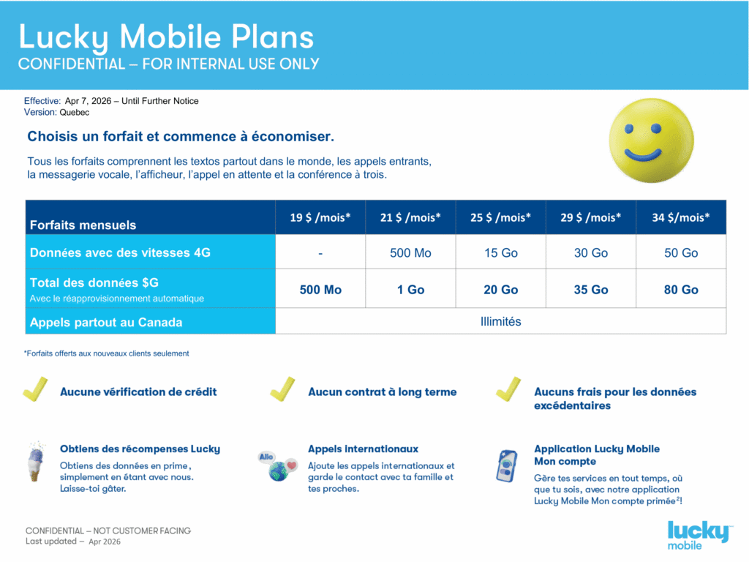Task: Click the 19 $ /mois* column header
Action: click(x=320, y=217)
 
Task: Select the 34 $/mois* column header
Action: click(x=680, y=217)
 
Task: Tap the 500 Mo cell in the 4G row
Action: click(x=410, y=253)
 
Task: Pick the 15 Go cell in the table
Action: click(x=500, y=253)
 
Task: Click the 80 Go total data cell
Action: click(x=680, y=290)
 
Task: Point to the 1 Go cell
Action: click(x=410, y=290)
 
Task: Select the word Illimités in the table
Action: click(x=500, y=321)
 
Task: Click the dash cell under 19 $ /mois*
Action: click(x=320, y=253)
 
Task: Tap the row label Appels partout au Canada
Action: click(x=106, y=322)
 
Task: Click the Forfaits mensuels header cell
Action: click(x=83, y=225)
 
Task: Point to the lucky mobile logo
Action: click(x=699, y=535)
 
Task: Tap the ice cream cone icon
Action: click(x=35, y=461)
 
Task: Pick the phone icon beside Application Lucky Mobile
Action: click(x=506, y=466)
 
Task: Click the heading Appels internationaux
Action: click(x=363, y=449)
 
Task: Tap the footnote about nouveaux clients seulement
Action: click(x=107, y=353)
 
